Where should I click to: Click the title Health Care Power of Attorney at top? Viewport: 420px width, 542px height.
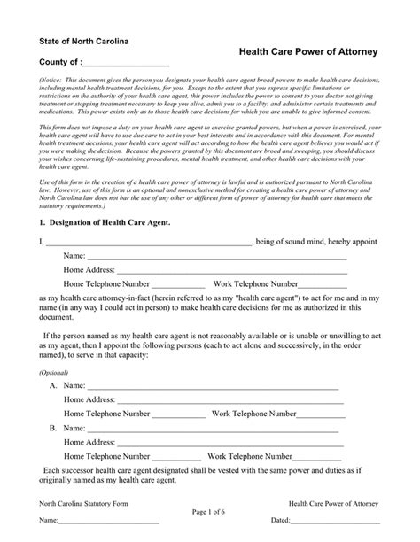point(309,53)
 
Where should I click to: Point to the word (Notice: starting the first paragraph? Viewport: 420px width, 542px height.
point(51,80)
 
